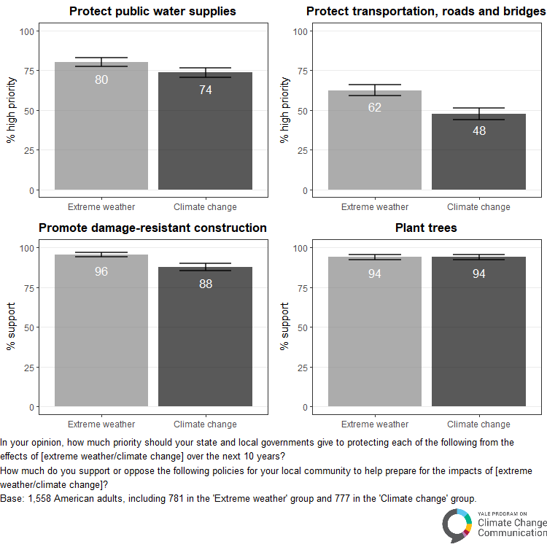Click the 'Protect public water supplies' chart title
click(152, 12)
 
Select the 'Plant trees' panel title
click(426, 228)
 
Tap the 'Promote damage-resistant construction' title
click(152, 228)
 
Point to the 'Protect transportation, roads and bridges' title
click(426, 12)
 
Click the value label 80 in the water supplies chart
click(101, 79)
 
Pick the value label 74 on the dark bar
click(206, 90)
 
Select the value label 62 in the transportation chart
click(375, 107)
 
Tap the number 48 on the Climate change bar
click(478, 131)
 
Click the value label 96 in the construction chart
click(101, 271)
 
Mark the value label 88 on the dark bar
click(206, 284)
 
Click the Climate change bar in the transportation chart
click(478, 160)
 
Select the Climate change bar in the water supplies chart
click(206, 139)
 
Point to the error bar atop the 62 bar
click(375, 90)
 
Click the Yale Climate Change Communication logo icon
click(457, 524)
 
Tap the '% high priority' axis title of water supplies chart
click(11, 111)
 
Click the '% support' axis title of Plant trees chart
click(284, 327)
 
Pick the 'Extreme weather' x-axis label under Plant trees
click(375, 424)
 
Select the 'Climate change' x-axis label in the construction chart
click(206, 424)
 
